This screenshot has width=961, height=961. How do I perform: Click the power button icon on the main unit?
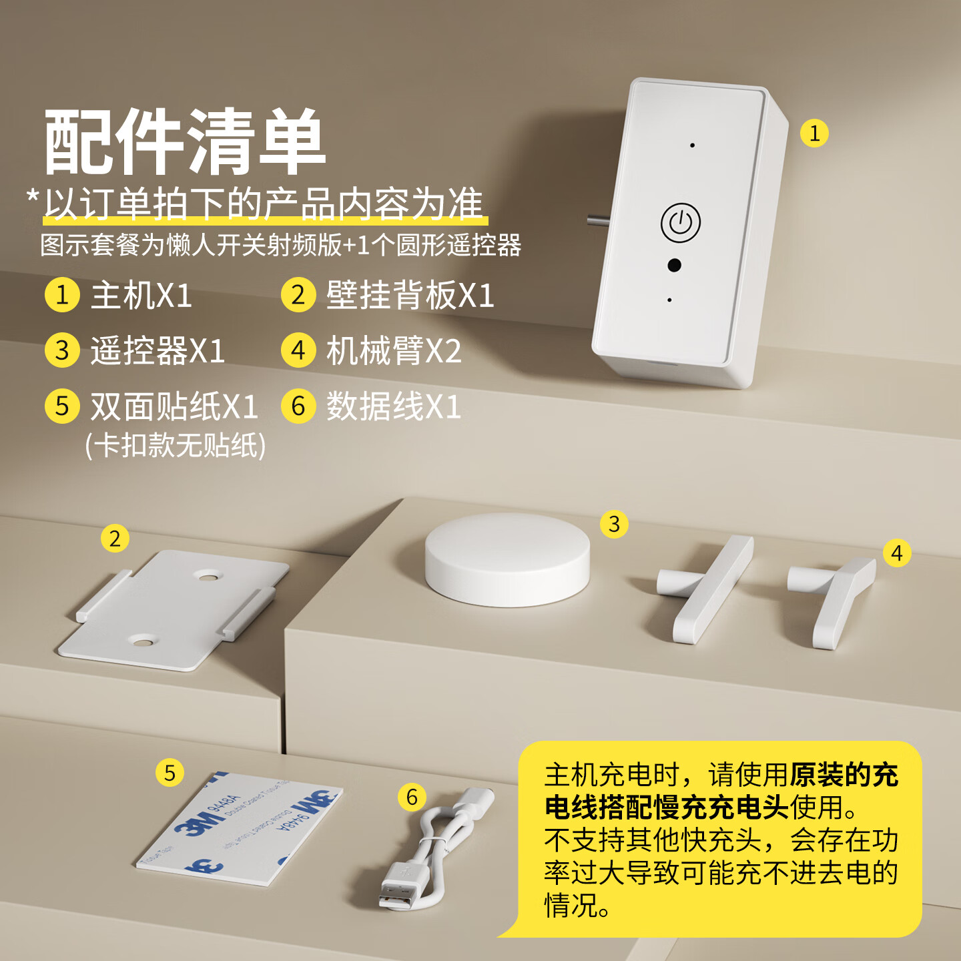[x=680, y=222]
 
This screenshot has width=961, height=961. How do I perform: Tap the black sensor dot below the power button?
[x=674, y=265]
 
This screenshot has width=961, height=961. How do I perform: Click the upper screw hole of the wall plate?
[x=208, y=575]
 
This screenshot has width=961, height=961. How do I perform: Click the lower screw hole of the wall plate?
[x=141, y=643]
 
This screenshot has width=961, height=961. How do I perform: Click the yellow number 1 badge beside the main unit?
[x=814, y=133]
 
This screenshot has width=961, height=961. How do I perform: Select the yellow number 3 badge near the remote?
[x=614, y=525]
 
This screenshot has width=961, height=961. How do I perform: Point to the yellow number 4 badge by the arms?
[x=896, y=553]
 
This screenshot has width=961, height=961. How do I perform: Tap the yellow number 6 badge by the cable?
[x=412, y=797]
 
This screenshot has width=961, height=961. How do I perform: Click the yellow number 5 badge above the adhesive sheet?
[x=170, y=773]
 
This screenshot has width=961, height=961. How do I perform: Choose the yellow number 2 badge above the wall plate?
[x=115, y=539]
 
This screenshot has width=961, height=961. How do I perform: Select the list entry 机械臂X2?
[x=393, y=350]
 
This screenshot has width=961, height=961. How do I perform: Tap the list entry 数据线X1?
[x=393, y=406]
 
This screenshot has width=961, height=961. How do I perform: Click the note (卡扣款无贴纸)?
[x=176, y=446]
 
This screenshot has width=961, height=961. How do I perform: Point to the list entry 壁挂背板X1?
[x=410, y=295]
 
